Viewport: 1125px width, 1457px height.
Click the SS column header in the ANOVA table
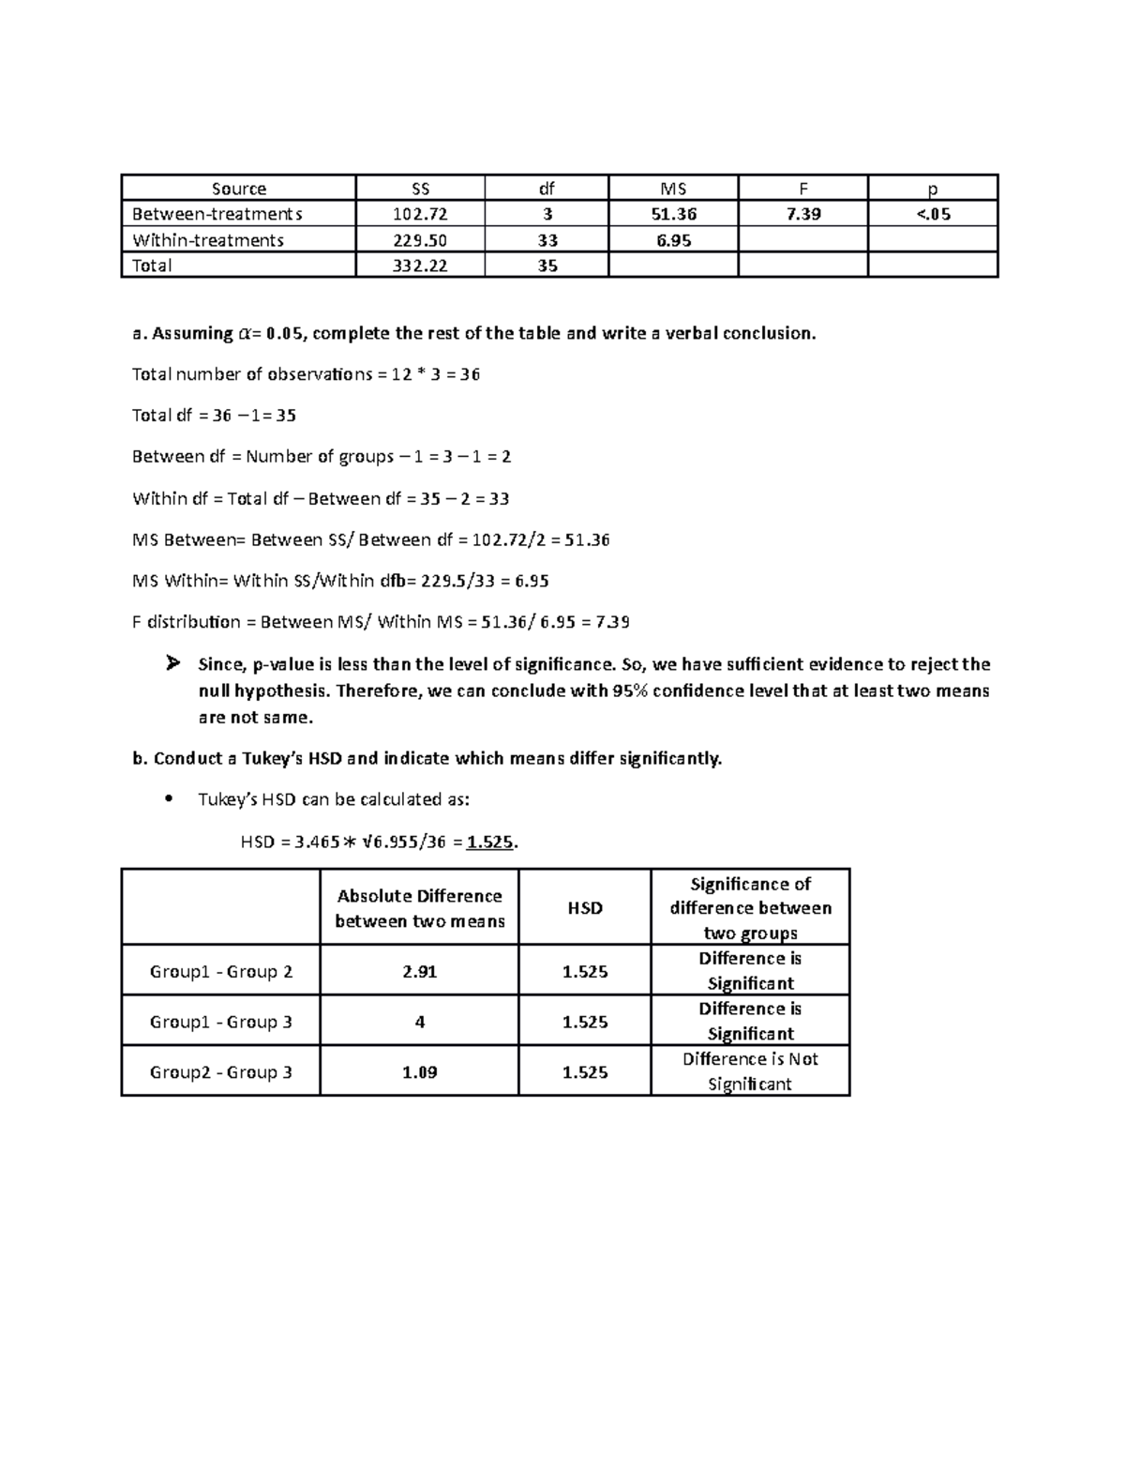point(420,189)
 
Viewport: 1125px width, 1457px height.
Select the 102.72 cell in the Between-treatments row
point(420,214)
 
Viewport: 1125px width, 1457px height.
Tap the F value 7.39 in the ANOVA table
point(803,214)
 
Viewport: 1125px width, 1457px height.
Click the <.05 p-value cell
point(933,214)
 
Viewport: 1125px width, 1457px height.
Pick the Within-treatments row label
point(208,240)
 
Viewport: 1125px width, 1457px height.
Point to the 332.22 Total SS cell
point(420,266)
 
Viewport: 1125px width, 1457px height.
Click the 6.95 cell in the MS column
point(673,240)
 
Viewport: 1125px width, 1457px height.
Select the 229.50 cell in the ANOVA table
point(420,240)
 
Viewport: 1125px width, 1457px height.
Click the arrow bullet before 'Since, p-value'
point(172,664)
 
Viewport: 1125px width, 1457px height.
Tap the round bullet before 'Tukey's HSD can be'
point(169,800)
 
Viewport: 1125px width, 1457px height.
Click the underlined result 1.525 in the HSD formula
point(490,842)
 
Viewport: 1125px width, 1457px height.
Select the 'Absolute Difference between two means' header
point(419,908)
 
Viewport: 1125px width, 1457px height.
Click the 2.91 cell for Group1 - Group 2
point(419,972)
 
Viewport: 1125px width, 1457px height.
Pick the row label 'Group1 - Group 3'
point(221,1022)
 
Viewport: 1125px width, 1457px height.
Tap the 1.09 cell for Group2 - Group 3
point(419,1072)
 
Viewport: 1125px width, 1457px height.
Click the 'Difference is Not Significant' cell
point(750,1071)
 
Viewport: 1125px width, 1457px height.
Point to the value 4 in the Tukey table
point(419,1022)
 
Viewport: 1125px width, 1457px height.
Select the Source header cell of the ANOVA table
point(238,189)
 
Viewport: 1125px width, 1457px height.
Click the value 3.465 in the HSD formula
point(317,842)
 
